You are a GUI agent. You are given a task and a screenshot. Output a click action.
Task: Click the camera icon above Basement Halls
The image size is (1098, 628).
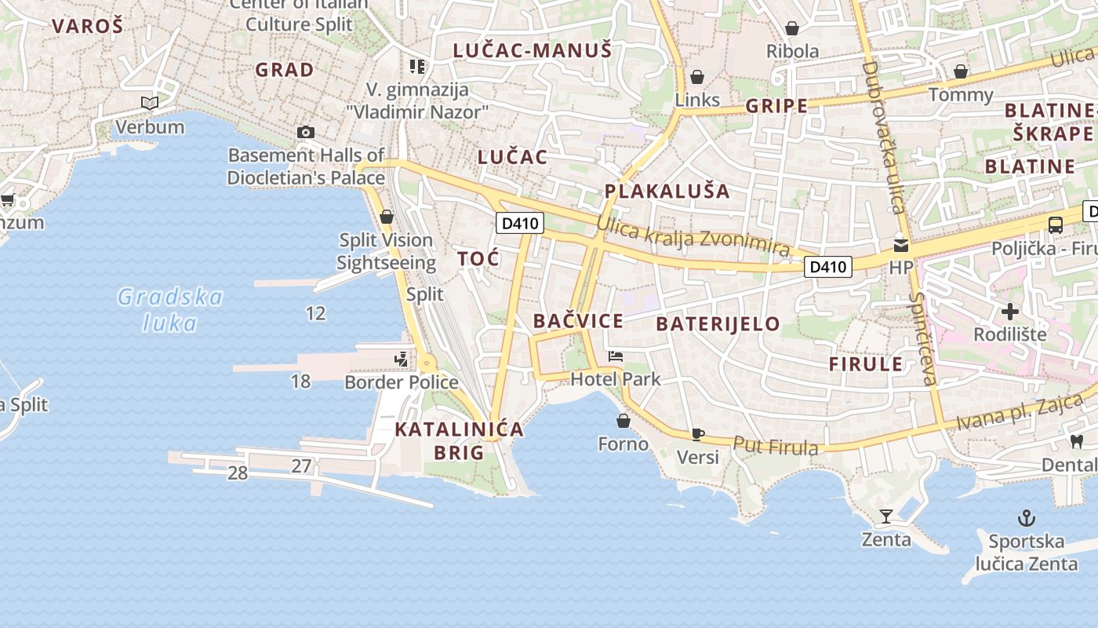point(306,133)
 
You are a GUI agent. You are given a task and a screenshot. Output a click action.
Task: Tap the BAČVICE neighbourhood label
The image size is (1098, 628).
point(578,321)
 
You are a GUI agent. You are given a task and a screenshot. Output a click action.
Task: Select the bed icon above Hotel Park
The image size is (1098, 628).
point(616,357)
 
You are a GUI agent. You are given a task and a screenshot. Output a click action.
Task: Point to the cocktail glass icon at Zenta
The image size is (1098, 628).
point(886,517)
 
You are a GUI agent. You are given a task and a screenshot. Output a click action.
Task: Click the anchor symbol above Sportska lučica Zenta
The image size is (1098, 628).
point(1026,518)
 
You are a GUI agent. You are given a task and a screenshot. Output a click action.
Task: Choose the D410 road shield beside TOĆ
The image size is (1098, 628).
point(520,224)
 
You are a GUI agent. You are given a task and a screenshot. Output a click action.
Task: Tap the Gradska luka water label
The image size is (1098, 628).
point(170,309)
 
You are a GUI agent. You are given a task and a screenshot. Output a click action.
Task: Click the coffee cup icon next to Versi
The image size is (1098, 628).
point(698,434)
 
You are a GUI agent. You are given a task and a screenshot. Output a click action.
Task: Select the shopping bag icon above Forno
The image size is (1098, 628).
point(624,422)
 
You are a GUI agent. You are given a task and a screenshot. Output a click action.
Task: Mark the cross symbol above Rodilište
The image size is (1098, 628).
point(1010,312)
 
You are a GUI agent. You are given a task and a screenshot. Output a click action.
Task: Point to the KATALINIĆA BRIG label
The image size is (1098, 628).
point(459,440)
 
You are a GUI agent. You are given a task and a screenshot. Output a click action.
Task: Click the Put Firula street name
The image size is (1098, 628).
point(776,446)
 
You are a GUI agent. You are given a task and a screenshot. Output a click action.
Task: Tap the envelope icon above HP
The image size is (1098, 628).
point(901,246)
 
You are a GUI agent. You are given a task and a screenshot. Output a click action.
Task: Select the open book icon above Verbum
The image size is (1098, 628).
point(150,103)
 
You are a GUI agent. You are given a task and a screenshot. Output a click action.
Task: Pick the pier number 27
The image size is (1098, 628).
point(302,466)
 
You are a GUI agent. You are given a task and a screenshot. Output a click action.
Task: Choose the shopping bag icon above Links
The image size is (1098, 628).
point(696,77)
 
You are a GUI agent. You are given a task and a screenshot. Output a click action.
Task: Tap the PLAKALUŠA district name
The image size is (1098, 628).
point(667,191)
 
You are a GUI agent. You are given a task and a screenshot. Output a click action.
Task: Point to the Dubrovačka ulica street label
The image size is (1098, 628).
point(884,137)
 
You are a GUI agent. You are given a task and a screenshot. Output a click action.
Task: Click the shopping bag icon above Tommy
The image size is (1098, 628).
point(961,72)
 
